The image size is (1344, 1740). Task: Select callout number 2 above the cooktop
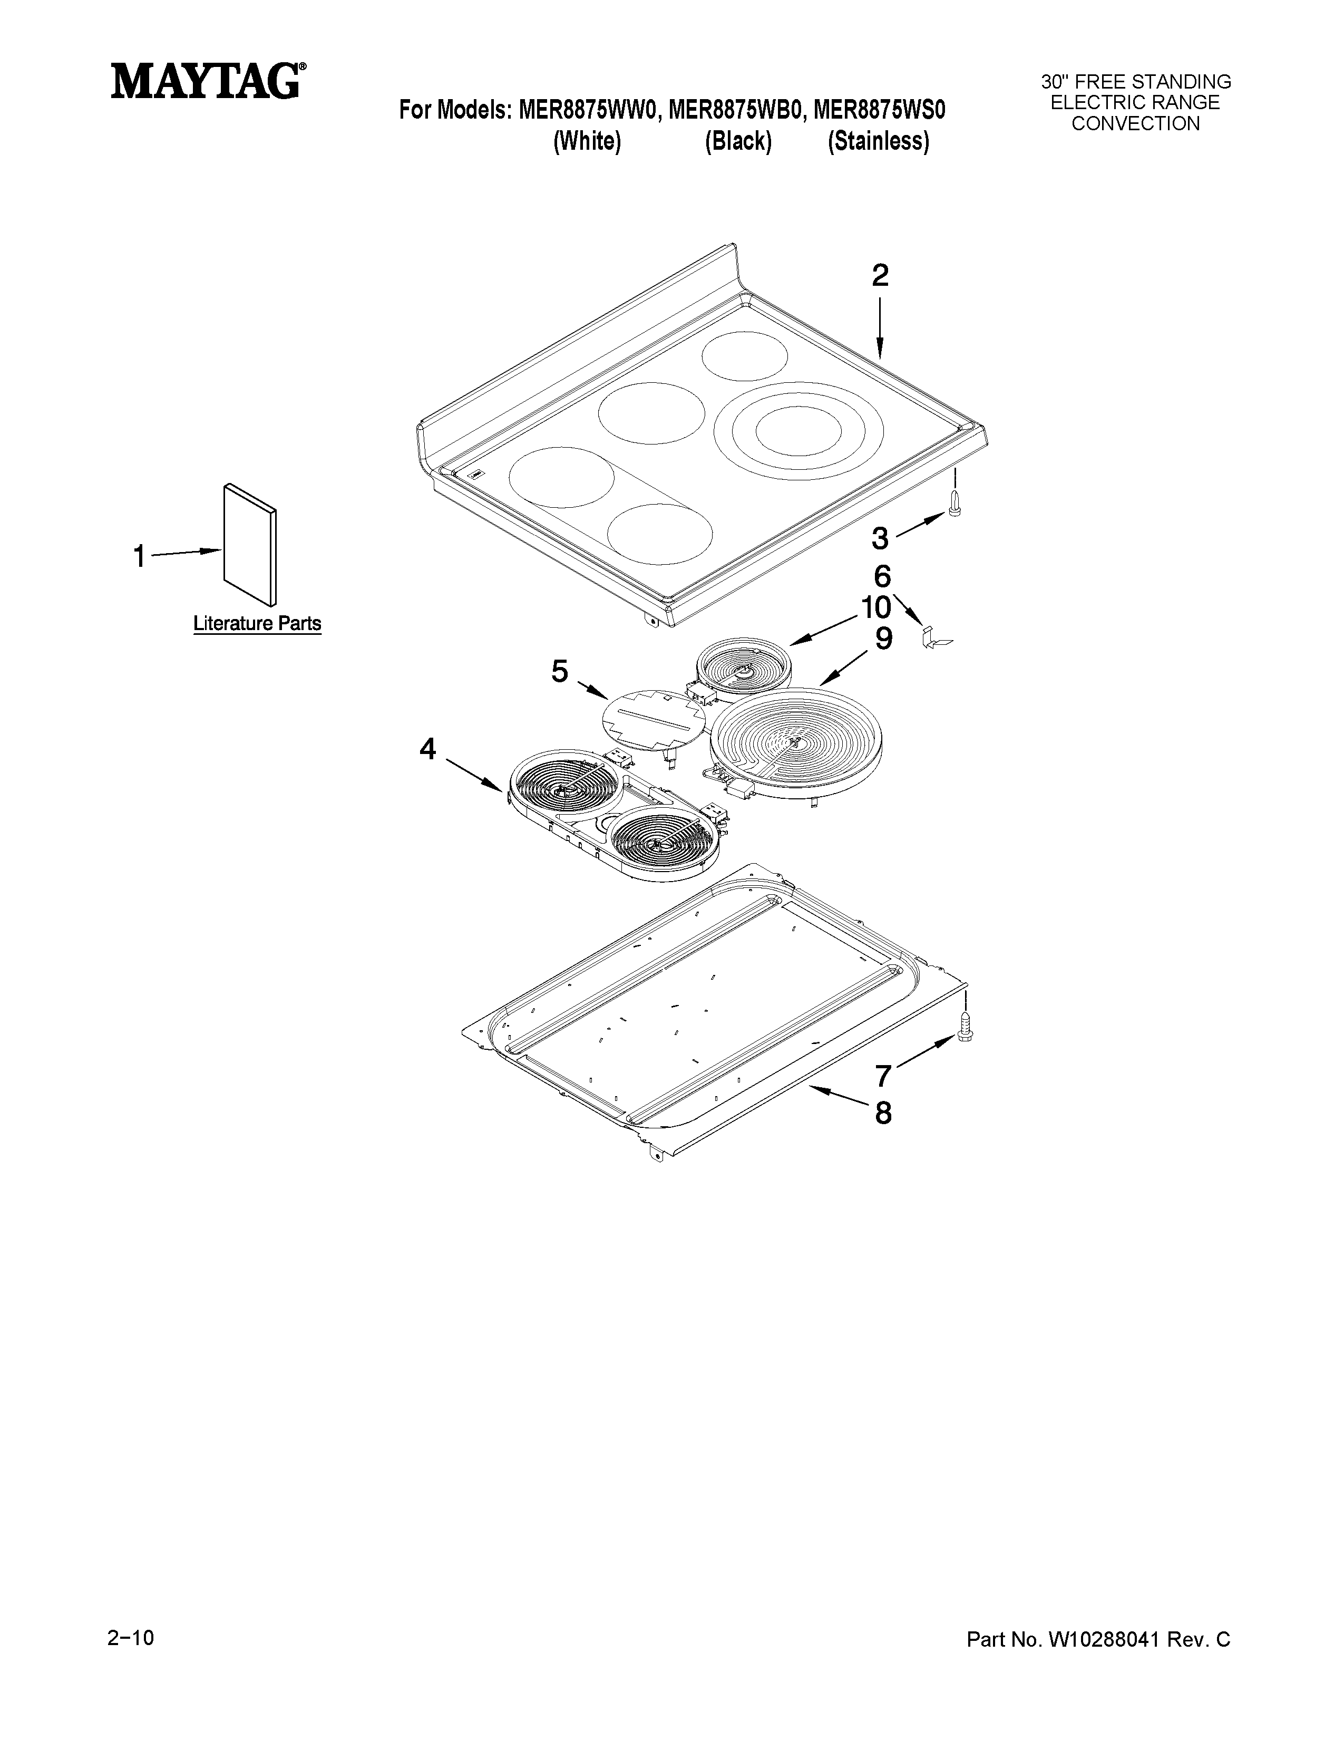click(879, 276)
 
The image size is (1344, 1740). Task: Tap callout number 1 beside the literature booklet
click(139, 556)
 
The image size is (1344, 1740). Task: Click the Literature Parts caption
click(257, 623)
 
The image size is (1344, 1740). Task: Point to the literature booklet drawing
click(250, 544)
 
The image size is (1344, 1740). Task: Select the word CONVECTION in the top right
click(1135, 123)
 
